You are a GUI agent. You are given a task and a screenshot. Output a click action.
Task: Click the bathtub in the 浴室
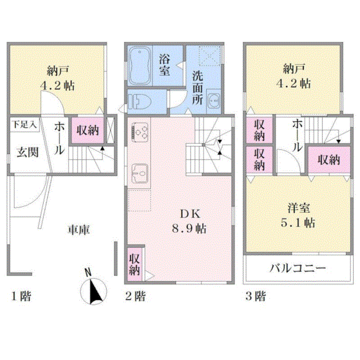[139, 66]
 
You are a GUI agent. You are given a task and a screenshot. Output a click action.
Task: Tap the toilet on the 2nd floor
[139, 102]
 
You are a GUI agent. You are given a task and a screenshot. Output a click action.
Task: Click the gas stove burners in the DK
[139, 132]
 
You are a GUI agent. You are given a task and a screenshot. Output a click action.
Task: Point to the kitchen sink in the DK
[139, 174]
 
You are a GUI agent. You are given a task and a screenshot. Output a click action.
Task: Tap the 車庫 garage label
[79, 230]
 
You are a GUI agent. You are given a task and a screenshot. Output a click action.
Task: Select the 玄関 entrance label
[28, 152]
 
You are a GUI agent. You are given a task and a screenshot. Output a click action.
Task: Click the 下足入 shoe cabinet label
[25, 124]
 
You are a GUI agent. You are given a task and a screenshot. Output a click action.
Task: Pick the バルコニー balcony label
[298, 268]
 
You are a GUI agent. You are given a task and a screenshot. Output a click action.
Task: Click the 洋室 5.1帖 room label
[298, 215]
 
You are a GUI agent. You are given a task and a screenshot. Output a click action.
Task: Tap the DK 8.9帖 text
[189, 221]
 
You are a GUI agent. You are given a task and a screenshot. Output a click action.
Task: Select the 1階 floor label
[21, 296]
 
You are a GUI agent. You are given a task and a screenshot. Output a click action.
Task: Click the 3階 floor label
[255, 296]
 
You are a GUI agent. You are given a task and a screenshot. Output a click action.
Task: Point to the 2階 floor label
[136, 296]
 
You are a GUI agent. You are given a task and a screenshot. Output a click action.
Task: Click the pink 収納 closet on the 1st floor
[88, 130]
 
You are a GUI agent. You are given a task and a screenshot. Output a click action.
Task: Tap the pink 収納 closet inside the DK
[134, 264]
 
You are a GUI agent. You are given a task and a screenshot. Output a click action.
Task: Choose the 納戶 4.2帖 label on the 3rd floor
[294, 76]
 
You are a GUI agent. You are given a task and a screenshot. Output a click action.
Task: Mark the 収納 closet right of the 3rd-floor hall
[329, 160]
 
